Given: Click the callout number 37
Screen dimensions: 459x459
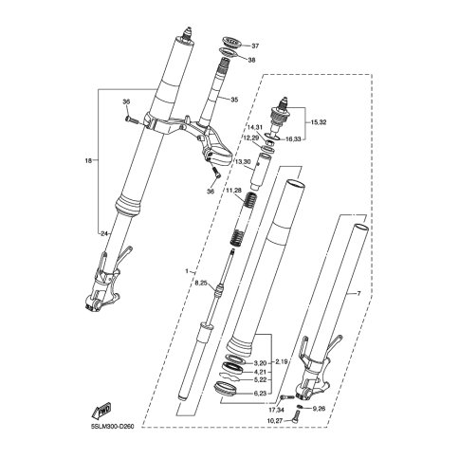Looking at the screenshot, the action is (255, 46).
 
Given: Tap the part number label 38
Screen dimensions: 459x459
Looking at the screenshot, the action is (251, 60).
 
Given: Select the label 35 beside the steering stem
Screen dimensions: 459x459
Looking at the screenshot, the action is (234, 100).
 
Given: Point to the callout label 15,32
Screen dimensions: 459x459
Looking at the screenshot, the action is (317, 122).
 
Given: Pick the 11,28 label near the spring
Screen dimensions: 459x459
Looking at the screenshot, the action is (233, 190).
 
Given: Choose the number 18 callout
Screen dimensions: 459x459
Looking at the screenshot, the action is (88, 160).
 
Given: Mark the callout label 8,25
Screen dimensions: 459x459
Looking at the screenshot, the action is (201, 284).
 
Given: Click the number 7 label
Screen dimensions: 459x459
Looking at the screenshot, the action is (358, 294).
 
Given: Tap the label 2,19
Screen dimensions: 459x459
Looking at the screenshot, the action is (282, 362).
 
